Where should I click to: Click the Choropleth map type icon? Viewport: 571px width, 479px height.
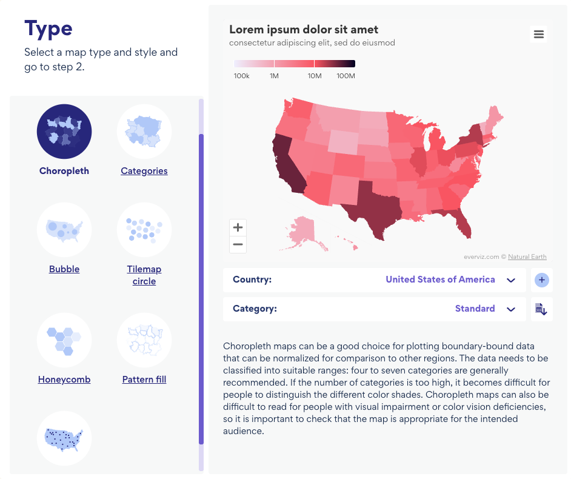click(64, 132)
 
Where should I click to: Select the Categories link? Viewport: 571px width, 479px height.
click(144, 171)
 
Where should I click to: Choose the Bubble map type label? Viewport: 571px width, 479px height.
click(64, 269)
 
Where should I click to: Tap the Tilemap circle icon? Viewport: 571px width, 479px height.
click(144, 230)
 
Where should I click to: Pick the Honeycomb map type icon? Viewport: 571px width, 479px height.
click(64, 340)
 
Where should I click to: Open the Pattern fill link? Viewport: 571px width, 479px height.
click(144, 380)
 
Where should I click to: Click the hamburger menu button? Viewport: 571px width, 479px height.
click(538, 35)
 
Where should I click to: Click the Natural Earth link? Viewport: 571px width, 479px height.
click(527, 256)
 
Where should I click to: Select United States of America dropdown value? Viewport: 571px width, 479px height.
click(440, 280)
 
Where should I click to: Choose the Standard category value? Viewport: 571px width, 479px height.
click(475, 309)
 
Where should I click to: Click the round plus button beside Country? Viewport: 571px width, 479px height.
click(542, 280)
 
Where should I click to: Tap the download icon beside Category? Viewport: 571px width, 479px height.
click(541, 309)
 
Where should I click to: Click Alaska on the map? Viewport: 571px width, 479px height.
click(303, 233)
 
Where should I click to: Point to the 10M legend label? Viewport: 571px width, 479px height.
click(314, 76)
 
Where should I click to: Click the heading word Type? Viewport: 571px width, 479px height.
click(48, 28)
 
